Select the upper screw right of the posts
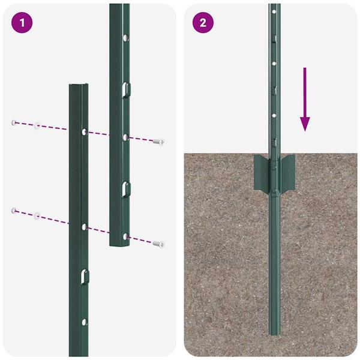[159, 142]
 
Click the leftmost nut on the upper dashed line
[13, 122]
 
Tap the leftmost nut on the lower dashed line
[13, 210]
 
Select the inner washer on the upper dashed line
[37, 125]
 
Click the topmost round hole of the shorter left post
[84, 131]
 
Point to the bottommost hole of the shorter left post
[84, 322]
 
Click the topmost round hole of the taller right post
[125, 38]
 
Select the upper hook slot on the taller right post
[124, 89]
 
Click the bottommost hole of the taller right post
[125, 235]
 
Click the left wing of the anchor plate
[261, 170]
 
